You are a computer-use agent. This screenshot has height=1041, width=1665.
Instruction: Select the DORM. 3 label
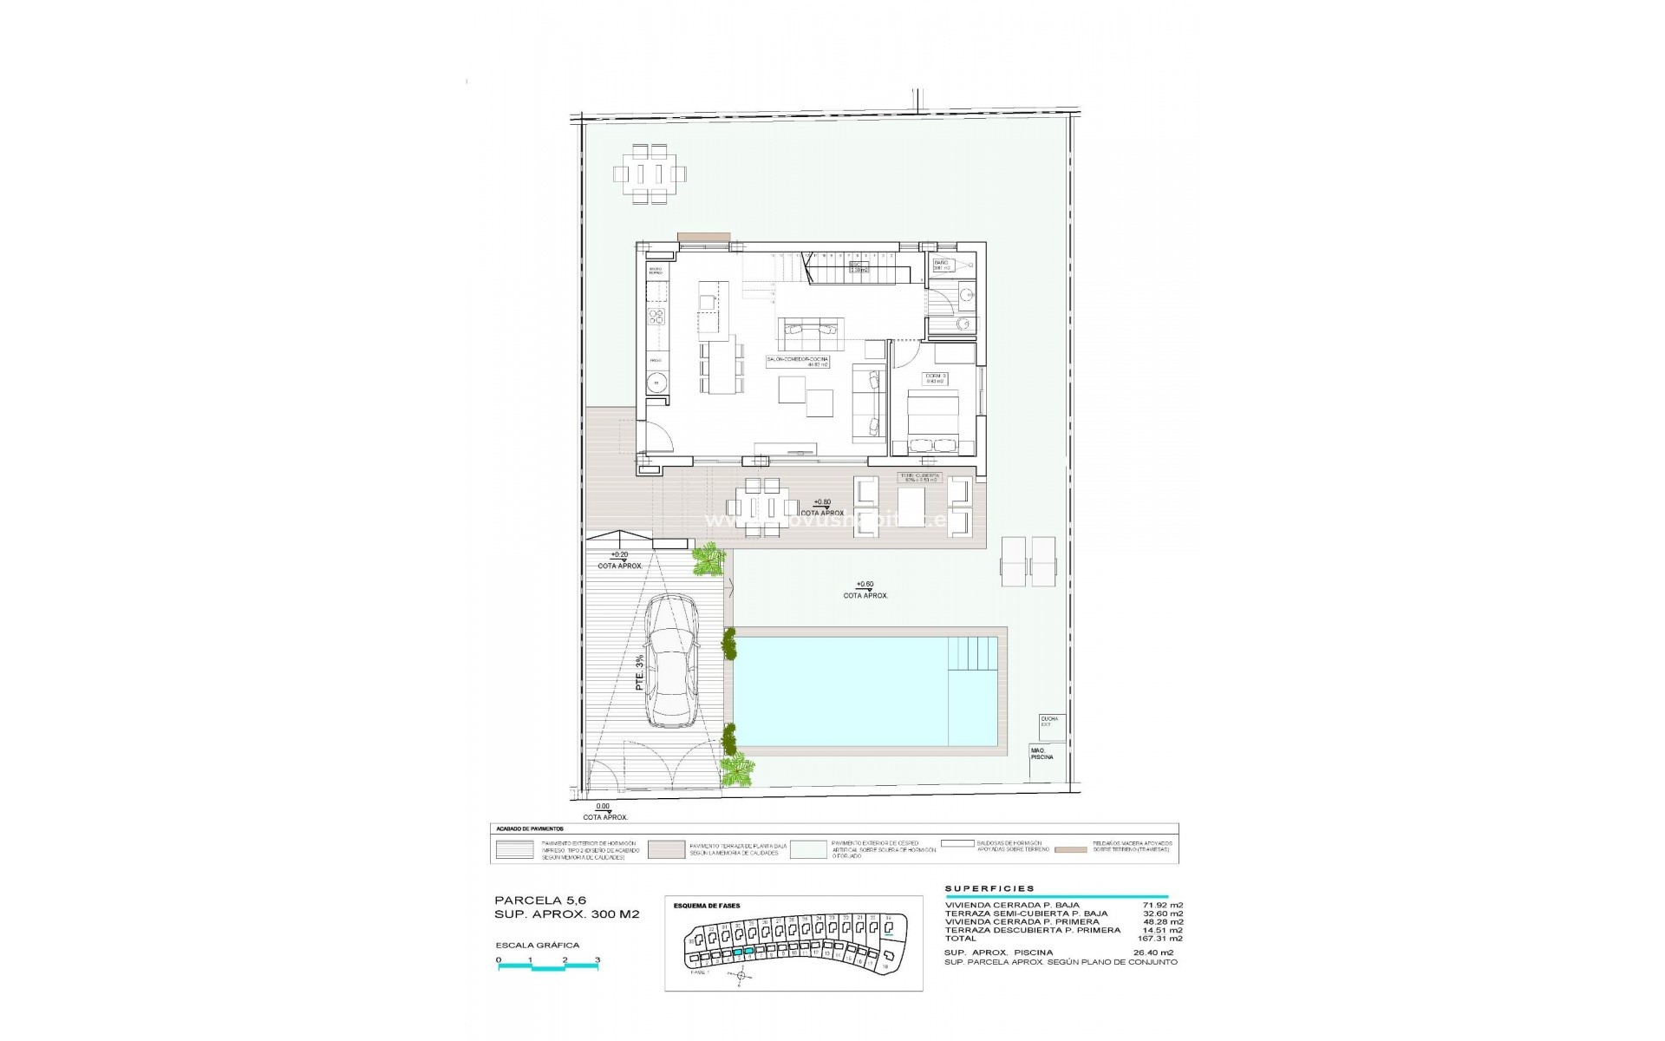tap(936, 377)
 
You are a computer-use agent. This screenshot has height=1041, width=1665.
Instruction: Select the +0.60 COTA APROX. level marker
tap(865, 590)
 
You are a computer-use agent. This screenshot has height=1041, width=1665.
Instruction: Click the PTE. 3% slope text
tap(639, 673)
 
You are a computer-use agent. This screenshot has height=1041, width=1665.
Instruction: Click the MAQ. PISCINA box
tap(1043, 753)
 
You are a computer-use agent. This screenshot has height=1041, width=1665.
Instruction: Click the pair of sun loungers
tap(1029, 560)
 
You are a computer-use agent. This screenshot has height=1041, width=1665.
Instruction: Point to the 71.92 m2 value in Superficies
tap(1163, 906)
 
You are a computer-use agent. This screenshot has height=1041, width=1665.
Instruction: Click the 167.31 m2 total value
tap(1160, 938)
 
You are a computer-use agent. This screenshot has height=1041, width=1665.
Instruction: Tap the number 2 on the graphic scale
tap(565, 960)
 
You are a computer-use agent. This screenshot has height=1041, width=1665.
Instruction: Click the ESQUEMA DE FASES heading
tap(707, 906)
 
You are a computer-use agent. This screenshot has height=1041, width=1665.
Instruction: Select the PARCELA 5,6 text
tap(528, 900)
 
